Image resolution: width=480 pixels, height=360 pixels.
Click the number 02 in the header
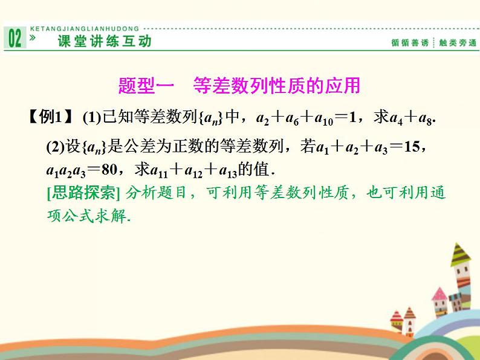(x=15, y=39)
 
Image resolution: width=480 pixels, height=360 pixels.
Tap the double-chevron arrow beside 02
(x=33, y=37)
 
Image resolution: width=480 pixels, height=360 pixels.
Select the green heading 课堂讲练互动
(x=104, y=41)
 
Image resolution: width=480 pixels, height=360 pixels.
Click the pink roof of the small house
(x=439, y=294)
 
